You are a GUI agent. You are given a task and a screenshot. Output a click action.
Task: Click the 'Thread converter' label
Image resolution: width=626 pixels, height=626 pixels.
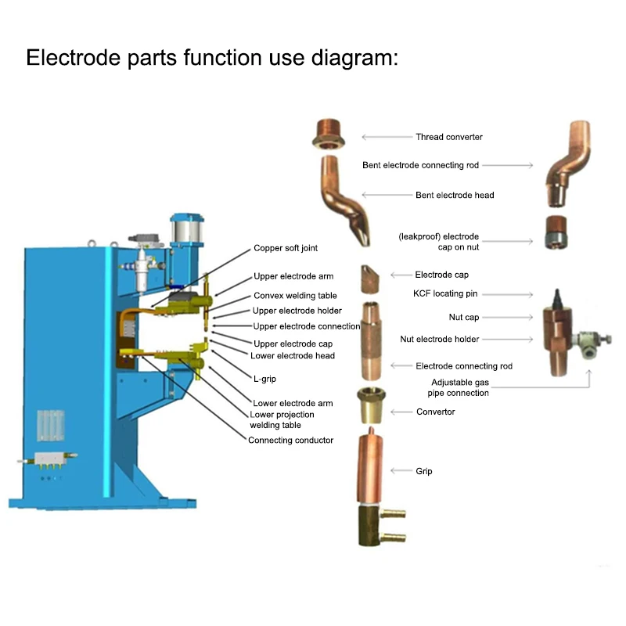[x=448, y=137]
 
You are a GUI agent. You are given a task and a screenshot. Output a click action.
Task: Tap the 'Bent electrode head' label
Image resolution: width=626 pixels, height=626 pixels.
[x=455, y=195]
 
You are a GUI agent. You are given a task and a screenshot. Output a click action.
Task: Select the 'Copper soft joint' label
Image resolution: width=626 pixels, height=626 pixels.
[x=286, y=248]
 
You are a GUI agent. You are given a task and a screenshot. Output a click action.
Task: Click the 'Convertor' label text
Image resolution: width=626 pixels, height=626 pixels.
[x=435, y=412]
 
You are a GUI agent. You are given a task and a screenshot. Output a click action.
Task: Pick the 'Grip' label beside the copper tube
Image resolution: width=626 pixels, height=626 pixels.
[x=423, y=471]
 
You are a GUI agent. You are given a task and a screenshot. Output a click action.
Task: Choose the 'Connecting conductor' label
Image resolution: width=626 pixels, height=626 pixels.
[x=291, y=440]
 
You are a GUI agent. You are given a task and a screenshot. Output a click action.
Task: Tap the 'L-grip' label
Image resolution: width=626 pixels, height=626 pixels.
[x=264, y=378]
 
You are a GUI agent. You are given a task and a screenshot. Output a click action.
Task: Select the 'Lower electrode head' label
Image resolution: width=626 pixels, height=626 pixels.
[x=293, y=356]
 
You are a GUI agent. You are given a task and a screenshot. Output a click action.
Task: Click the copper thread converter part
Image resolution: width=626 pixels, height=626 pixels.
[x=328, y=134]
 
